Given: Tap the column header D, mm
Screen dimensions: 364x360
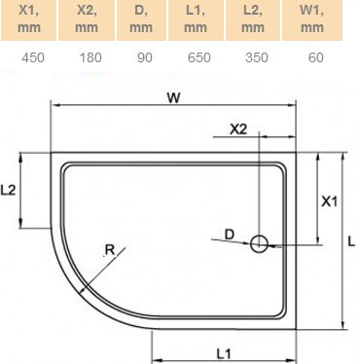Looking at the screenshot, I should click(144, 20).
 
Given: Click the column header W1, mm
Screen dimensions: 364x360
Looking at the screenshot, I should click(312, 20).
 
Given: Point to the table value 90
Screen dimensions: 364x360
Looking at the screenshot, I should click(144, 56).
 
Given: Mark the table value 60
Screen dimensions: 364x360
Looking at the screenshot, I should click(312, 56).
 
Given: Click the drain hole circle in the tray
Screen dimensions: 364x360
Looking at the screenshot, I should click(260, 244).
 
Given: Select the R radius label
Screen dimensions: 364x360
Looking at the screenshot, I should click(110, 250).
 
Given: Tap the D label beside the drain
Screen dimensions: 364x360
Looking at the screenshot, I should click(230, 234).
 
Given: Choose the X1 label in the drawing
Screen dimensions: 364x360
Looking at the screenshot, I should click(329, 201).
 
